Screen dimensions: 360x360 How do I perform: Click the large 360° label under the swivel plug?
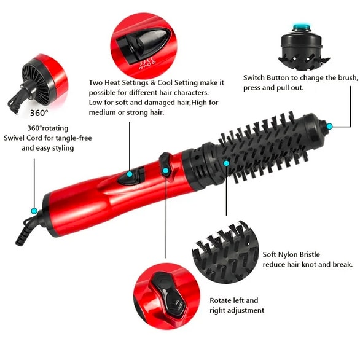click(x=39, y=113)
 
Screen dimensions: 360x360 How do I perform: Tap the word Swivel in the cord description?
click(x=14, y=138)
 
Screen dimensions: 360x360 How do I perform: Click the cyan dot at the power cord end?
click(x=34, y=211)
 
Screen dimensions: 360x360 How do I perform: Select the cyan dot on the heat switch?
click(x=130, y=174)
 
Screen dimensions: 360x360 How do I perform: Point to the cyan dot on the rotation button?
click(x=165, y=171)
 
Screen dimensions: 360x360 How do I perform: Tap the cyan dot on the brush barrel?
click(x=226, y=163)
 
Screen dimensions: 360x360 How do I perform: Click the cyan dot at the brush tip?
click(x=329, y=127)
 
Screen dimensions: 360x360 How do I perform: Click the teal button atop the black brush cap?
click(x=301, y=27)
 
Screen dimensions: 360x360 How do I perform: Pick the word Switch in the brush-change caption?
click(x=254, y=78)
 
